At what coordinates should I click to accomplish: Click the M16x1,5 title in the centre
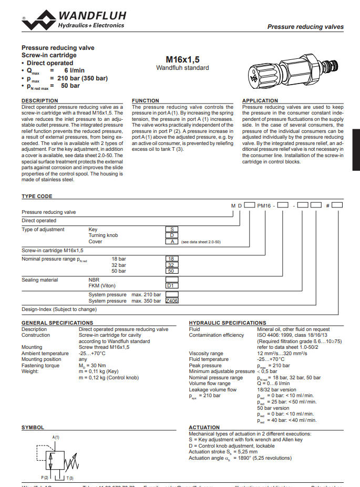pos(182,59)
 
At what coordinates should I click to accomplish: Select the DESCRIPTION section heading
pos(39,100)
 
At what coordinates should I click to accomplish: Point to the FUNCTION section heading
pos(146,100)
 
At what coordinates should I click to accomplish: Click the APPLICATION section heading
pos(260,100)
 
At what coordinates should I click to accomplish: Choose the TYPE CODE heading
pos(37,196)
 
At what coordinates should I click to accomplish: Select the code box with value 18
pos(171,259)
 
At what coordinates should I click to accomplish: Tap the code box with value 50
pos(171,271)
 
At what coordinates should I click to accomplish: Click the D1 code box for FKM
pos(171,286)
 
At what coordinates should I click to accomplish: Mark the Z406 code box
pos(172,301)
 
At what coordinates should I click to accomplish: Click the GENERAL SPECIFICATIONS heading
pos(57,323)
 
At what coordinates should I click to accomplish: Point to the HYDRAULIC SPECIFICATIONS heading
pos(228,323)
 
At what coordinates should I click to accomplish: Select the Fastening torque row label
pos(40,365)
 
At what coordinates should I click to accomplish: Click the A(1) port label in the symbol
pos(56,437)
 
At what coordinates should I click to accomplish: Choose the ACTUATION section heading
pos(204,428)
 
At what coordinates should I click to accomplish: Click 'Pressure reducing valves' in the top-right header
pos(305,27)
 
